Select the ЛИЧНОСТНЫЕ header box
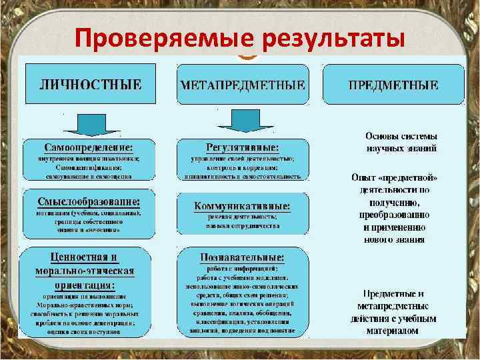point(91,85)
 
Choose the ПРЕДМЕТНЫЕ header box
point(393,85)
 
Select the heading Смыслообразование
point(89,200)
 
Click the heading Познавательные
point(242,257)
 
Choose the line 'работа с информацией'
point(242,267)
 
